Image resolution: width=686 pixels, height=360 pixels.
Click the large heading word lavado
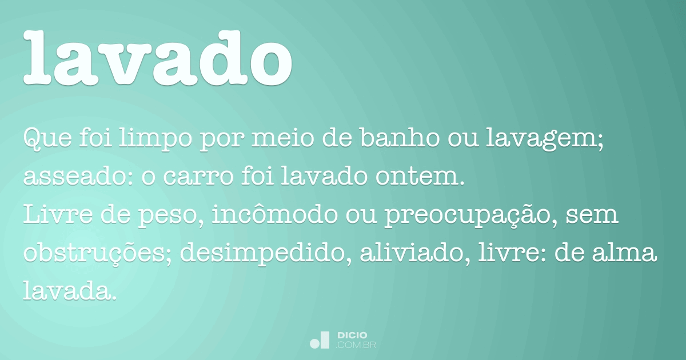(x=158, y=57)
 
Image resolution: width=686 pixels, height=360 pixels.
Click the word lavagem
(x=541, y=140)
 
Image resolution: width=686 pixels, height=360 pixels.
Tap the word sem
(x=592, y=215)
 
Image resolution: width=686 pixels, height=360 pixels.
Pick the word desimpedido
(x=262, y=254)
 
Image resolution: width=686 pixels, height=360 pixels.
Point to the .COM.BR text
(x=356, y=345)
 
